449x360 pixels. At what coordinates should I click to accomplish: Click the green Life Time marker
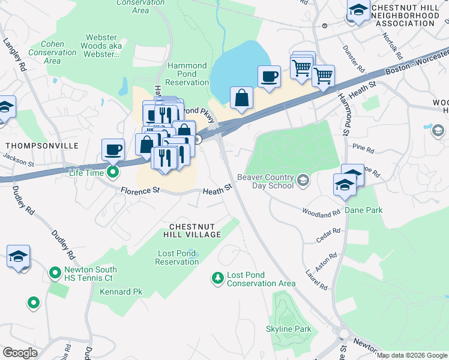click(x=112, y=173)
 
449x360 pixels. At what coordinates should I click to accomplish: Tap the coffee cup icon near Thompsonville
click(x=113, y=149)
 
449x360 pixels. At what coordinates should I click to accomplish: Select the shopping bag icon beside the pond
click(x=241, y=98)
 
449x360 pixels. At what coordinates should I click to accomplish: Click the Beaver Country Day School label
click(x=265, y=181)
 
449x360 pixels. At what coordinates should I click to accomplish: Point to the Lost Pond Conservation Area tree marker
click(x=217, y=278)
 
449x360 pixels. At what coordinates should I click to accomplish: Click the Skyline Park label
click(x=289, y=329)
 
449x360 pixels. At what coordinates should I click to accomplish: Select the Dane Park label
click(x=363, y=210)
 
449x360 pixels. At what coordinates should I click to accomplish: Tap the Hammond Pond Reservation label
click(x=187, y=74)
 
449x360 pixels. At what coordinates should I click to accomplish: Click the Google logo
click(x=20, y=353)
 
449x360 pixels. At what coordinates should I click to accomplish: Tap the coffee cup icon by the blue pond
click(x=269, y=77)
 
